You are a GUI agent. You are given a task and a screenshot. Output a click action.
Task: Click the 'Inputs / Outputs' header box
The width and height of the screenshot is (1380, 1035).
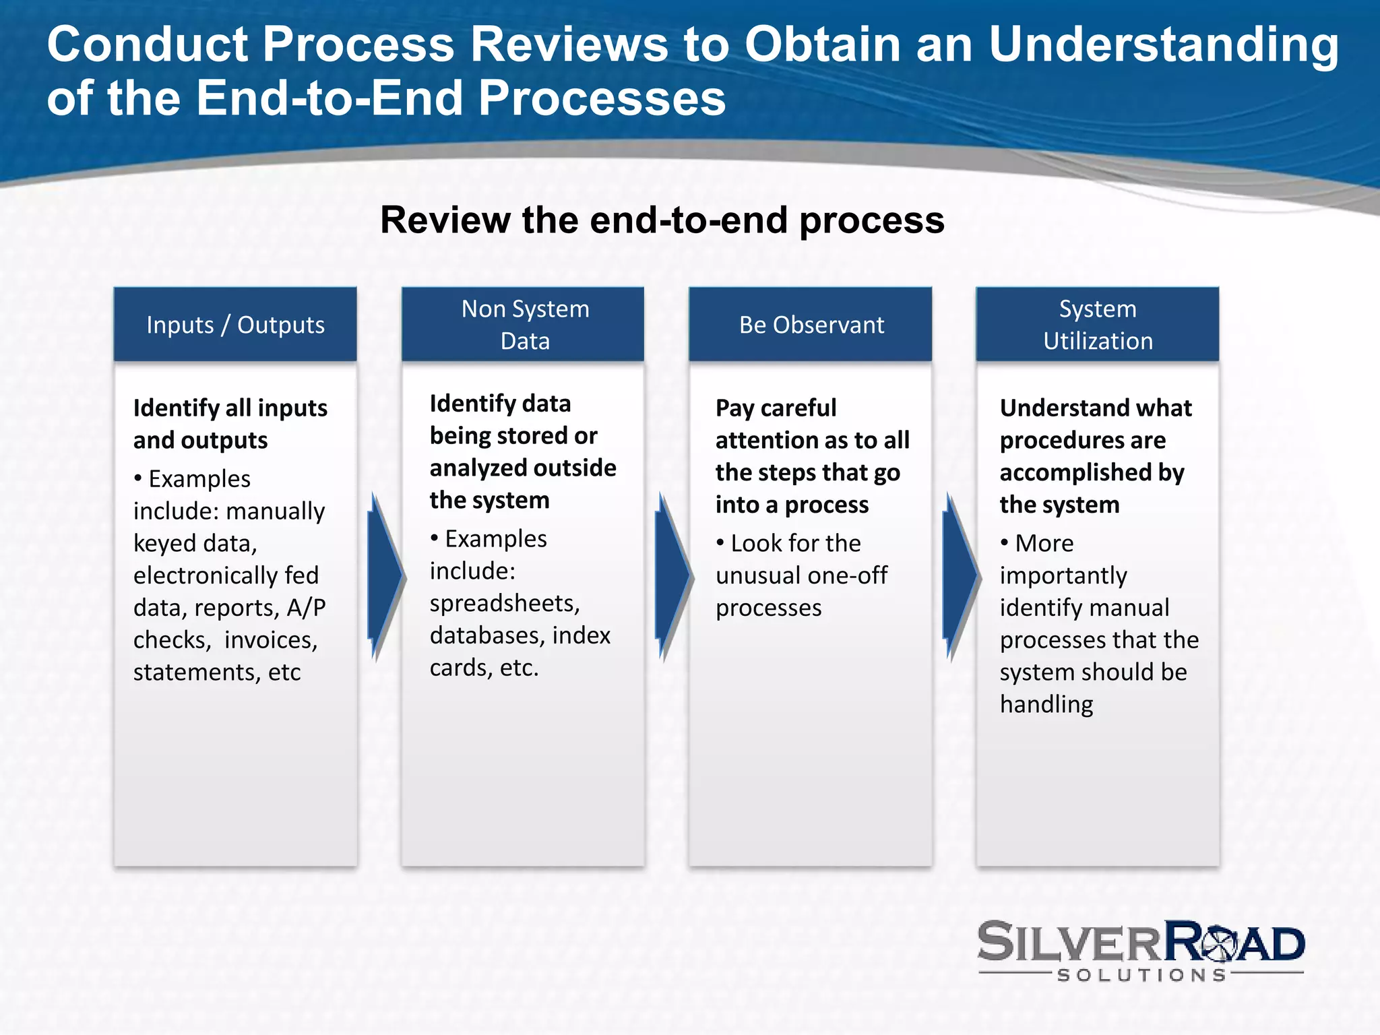235,324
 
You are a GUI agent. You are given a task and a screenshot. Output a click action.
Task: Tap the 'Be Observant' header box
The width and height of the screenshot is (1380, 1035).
811,324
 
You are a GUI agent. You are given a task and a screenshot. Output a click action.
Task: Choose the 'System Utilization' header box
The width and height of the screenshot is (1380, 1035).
1098,324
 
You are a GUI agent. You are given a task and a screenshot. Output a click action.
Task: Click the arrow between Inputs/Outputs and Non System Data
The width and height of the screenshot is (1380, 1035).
385,576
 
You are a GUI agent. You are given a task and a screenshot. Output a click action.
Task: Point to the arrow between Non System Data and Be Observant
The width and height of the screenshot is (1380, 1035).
672,576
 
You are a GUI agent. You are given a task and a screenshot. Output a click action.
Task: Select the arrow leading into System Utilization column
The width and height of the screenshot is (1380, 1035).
960,576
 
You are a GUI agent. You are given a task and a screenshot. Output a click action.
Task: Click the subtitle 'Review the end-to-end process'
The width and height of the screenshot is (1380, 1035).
662,220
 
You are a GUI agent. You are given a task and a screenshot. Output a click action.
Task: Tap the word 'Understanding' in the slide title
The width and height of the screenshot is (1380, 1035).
1164,44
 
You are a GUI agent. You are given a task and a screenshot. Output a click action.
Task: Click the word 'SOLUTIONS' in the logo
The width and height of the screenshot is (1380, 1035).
1141,975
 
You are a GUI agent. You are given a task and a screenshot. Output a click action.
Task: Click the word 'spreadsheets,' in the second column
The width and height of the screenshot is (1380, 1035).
505,603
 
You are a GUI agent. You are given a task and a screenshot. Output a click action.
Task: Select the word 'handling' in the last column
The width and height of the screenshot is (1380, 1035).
1046,704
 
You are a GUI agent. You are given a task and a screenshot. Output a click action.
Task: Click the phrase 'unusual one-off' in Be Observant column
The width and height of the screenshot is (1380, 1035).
801,575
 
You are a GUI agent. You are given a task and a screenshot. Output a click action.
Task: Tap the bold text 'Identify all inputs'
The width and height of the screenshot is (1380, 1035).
230,408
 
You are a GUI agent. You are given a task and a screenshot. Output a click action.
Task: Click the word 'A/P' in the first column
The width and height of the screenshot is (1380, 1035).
306,608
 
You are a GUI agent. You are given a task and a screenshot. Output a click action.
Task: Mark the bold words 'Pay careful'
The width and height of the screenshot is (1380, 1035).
776,408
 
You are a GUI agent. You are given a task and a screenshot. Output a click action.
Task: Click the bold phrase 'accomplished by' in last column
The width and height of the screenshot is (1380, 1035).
1092,472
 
